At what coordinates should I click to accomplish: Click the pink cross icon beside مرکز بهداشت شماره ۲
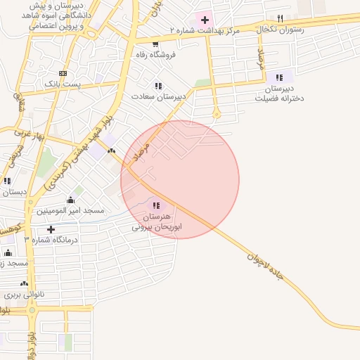[x=205, y=20]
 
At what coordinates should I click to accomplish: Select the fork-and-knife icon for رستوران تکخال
[x=280, y=18]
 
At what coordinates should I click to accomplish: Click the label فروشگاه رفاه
[x=160, y=53]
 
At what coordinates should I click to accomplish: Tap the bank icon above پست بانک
[x=63, y=73]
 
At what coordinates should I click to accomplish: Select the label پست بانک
[x=62, y=84]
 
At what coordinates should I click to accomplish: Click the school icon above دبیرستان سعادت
[x=158, y=86]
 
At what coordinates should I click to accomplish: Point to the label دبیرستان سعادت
[x=160, y=96]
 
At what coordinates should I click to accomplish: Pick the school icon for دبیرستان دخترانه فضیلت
[x=279, y=77]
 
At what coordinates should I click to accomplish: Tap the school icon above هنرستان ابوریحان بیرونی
[x=155, y=205]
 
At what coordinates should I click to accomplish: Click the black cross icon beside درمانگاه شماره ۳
[x=51, y=229]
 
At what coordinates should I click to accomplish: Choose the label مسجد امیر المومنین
[x=70, y=210]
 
